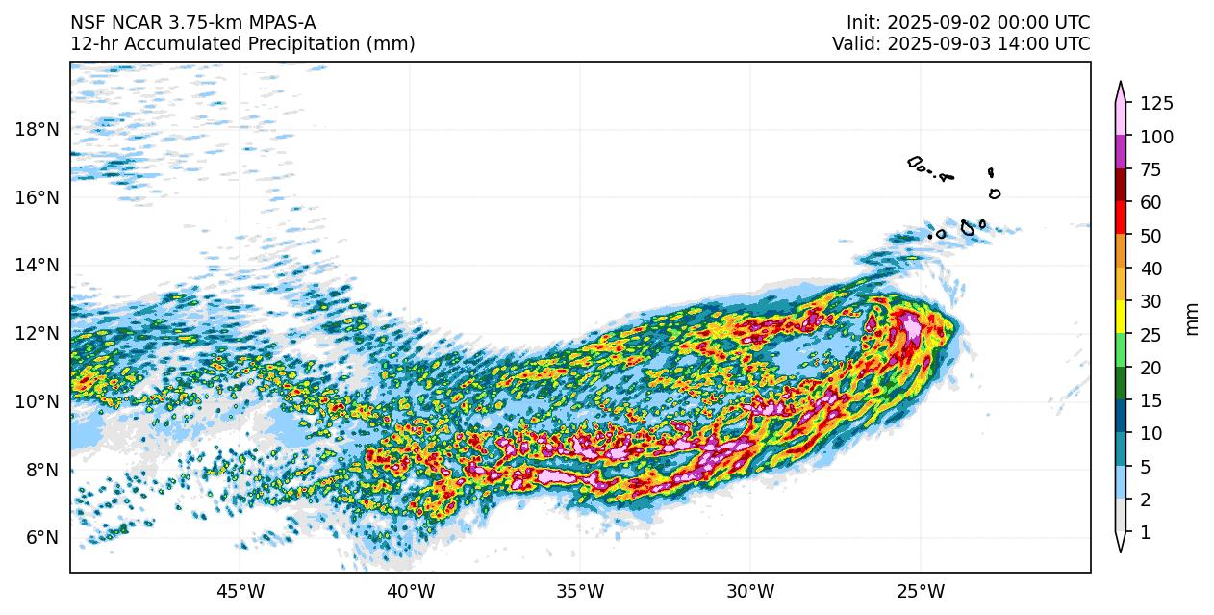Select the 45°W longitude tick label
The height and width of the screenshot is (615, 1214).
(x=240, y=589)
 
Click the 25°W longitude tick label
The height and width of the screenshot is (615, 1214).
(x=920, y=589)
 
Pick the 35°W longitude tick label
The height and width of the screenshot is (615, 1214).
(x=580, y=589)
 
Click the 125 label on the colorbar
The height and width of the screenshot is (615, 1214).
(x=1156, y=104)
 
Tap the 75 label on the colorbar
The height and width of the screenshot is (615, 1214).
(x=1151, y=170)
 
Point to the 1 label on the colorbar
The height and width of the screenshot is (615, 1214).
(x=1145, y=532)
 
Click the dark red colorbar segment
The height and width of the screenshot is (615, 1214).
(x=1121, y=186)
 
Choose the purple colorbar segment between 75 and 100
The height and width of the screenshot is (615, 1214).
(x=1121, y=153)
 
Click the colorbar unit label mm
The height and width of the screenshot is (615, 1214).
(x=1193, y=319)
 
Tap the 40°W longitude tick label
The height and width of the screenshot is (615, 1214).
(x=410, y=589)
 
